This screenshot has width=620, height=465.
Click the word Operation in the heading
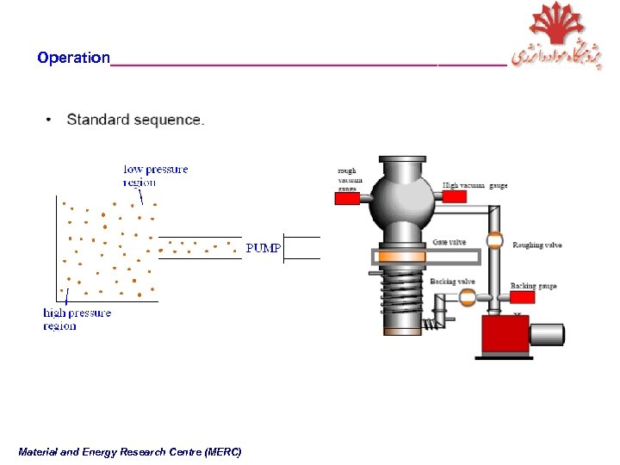[73, 59]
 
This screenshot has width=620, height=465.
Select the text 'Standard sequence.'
[135, 120]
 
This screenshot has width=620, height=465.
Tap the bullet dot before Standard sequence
[50, 120]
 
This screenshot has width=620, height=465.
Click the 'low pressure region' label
[155, 176]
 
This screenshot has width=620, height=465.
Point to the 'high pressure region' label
[77, 319]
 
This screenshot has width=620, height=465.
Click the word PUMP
[263, 248]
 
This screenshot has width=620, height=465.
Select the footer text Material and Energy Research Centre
[129, 452]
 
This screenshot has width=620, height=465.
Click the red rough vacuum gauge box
[347, 199]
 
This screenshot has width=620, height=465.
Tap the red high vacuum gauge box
[454, 197]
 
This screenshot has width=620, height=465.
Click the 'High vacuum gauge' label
[474, 185]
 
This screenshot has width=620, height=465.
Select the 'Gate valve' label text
[449, 242]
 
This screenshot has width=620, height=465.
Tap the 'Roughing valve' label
[536, 245]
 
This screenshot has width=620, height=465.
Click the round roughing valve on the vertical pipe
[494, 241]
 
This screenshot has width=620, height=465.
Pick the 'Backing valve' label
[452, 282]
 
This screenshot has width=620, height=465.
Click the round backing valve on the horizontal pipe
[467, 297]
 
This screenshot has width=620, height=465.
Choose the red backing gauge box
[523, 298]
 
